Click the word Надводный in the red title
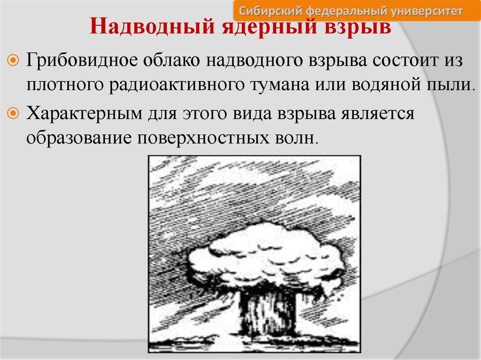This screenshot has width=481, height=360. (152, 27)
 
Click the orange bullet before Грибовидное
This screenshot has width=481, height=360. (13, 60)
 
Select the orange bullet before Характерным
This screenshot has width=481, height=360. (13, 114)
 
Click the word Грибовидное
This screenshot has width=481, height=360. (82, 60)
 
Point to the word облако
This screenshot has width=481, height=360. (171, 60)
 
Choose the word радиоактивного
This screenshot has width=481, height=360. (177, 85)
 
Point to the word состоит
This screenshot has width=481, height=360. (403, 61)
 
